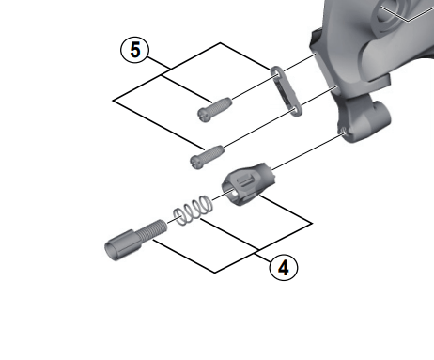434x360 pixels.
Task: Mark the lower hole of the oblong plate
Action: [x=295, y=110]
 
